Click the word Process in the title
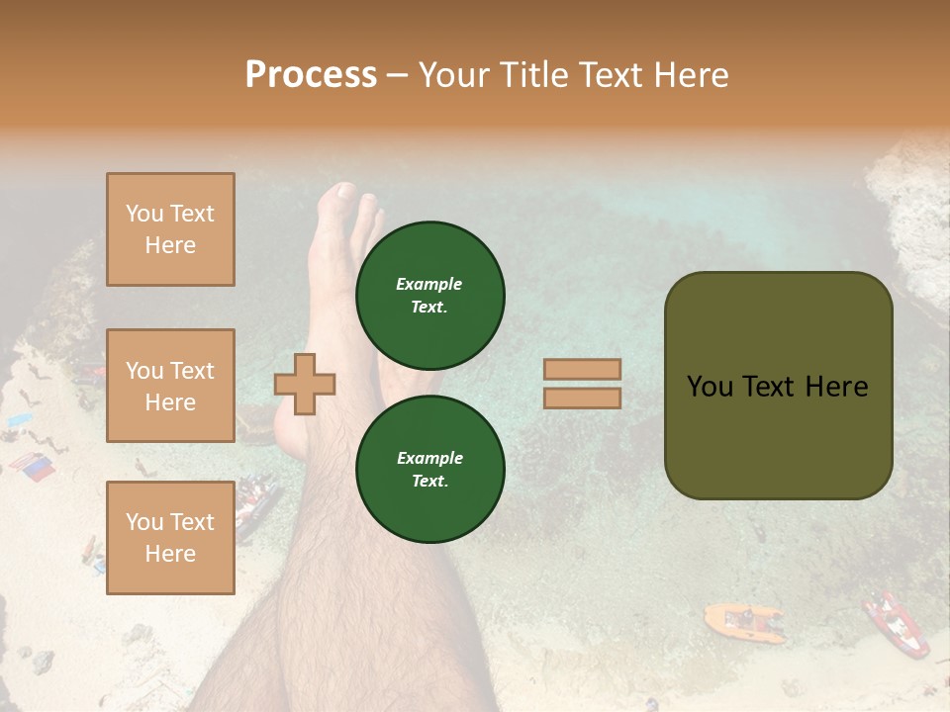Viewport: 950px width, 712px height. coord(311,75)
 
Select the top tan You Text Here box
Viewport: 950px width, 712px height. coord(170,229)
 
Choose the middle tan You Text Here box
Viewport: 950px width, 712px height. coord(170,386)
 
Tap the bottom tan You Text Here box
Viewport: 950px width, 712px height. coord(170,537)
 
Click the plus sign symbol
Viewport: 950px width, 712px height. coord(305,384)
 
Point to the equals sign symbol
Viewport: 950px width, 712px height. coord(582,384)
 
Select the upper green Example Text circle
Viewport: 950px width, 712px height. coord(429,295)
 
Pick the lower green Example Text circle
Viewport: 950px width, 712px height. coord(429,469)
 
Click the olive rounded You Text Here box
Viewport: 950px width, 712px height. coord(778,386)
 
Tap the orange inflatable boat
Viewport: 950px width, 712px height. coord(742,621)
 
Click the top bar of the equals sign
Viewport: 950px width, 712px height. coord(582,369)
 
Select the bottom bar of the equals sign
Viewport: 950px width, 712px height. coord(582,398)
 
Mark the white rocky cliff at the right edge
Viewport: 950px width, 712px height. coord(910,227)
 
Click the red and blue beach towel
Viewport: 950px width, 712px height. coord(33,467)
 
